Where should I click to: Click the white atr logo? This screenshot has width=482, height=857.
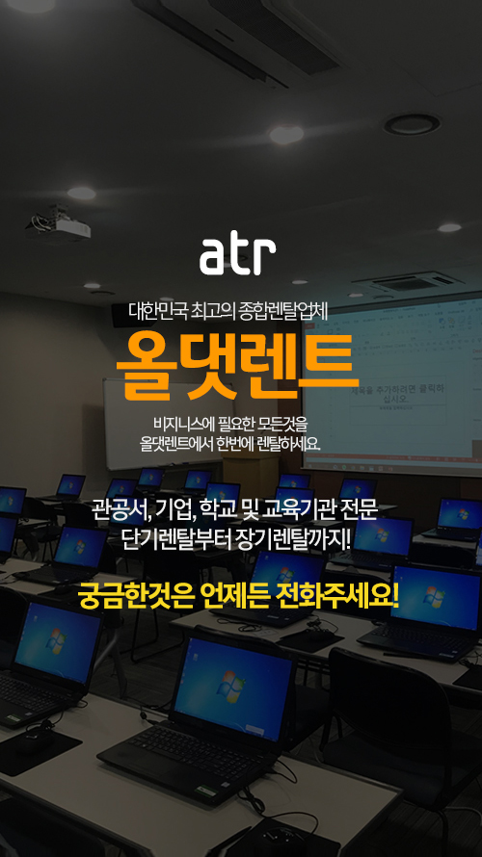coord(237,256)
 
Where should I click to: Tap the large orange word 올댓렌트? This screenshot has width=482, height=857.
coord(238,365)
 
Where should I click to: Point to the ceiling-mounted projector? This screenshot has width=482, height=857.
coord(58,224)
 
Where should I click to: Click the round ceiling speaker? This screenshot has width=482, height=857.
coord(412,124)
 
